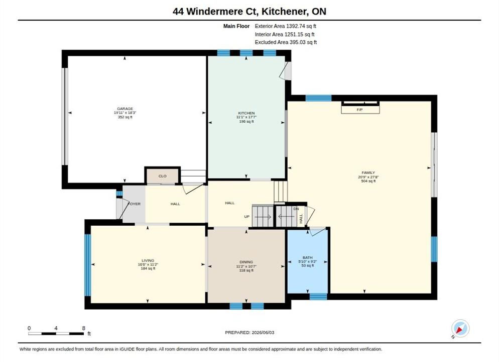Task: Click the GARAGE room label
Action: tap(124, 109)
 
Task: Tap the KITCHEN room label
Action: tap(246, 113)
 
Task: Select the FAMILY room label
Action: tap(368, 173)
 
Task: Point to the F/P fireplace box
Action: tap(360, 110)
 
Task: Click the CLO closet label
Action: tap(162, 176)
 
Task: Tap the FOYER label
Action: tap(135, 204)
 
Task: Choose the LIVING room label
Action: tap(148, 260)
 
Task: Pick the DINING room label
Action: tap(246, 262)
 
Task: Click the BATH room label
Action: tap(307, 257)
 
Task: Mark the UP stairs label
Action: tap(246, 217)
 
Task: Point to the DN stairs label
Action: tap(296, 209)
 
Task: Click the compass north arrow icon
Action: tap(460, 328)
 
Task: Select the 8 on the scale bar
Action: tap(84, 328)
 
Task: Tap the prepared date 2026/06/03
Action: tap(263, 332)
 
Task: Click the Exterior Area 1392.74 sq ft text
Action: tap(286, 26)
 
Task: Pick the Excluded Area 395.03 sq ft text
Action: tap(286, 42)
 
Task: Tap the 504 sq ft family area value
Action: tap(368, 181)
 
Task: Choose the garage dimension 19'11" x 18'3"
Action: tap(124, 113)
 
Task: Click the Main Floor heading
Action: tap(236, 26)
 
